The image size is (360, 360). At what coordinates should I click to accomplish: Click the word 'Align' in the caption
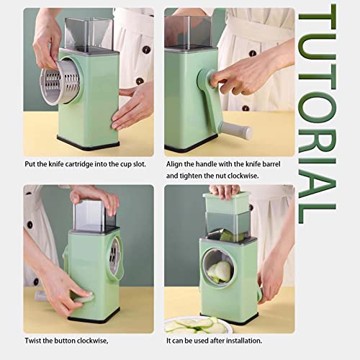[176, 163]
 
